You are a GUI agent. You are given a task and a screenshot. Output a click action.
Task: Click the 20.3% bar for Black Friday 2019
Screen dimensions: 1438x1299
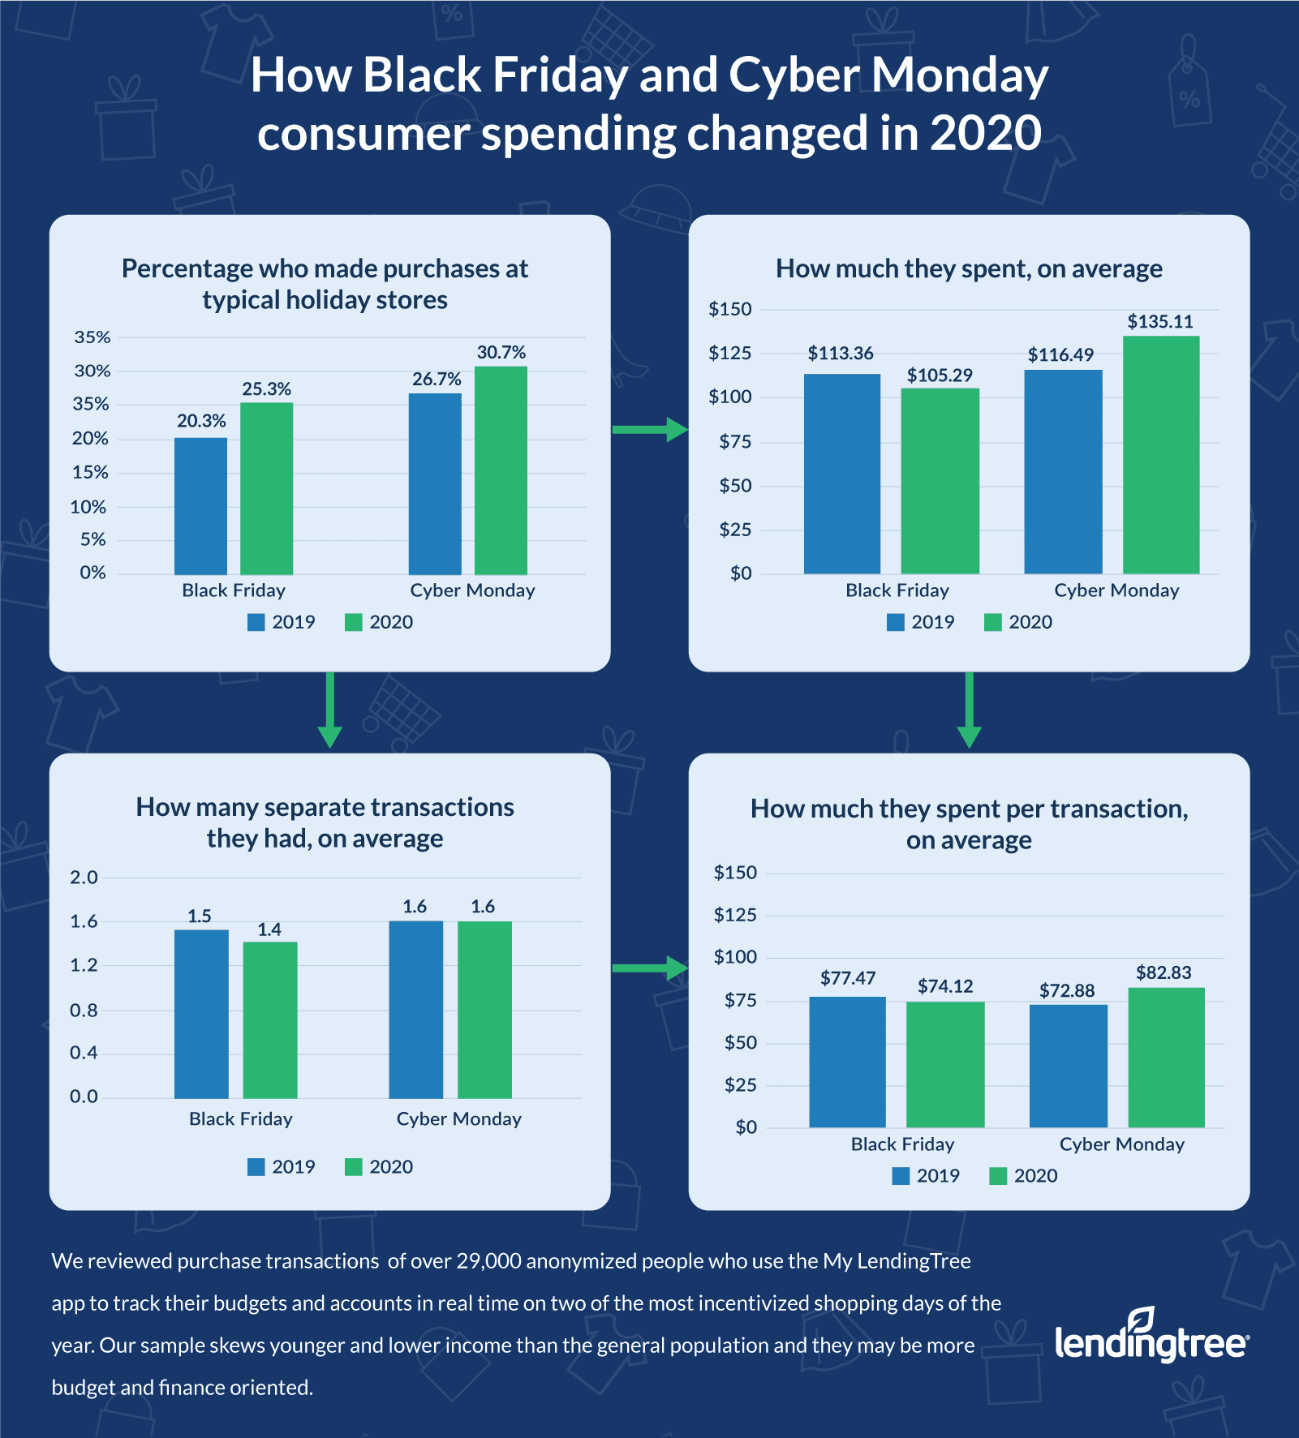click(x=200, y=506)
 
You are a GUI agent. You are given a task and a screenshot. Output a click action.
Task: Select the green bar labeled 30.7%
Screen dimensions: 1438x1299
click(x=501, y=470)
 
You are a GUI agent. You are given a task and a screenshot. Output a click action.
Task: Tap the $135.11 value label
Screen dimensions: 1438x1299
click(x=1160, y=322)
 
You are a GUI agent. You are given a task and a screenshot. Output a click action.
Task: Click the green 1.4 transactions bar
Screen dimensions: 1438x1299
click(x=270, y=1019)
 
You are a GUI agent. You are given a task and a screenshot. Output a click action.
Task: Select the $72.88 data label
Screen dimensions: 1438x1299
click(x=1067, y=991)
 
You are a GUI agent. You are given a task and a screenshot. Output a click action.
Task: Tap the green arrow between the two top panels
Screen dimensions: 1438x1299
click(x=649, y=429)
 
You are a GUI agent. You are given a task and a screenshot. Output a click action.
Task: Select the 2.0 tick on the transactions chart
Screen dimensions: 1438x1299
click(x=84, y=878)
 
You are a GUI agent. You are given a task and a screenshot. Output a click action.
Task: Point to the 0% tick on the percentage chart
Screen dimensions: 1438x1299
click(x=92, y=573)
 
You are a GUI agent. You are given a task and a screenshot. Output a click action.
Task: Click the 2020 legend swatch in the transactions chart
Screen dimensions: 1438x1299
click(x=353, y=1167)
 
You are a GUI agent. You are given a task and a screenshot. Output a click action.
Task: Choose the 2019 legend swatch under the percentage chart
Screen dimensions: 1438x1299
click(x=256, y=622)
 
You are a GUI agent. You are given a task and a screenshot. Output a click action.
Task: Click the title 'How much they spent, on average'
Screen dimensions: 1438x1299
click(x=969, y=269)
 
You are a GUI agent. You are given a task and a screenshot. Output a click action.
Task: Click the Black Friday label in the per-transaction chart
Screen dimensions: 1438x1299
click(x=902, y=1144)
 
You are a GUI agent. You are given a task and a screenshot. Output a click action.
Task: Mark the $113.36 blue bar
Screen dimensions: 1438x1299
click(x=841, y=474)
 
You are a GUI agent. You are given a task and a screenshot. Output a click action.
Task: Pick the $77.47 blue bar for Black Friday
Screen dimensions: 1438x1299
click(x=847, y=1062)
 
